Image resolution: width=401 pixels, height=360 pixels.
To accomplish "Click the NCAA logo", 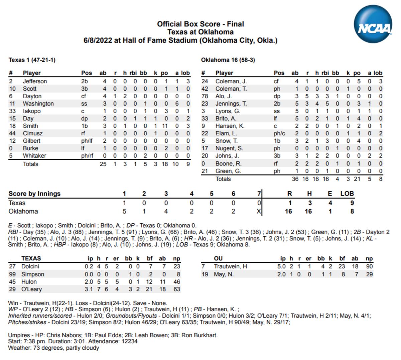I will pos(373,24).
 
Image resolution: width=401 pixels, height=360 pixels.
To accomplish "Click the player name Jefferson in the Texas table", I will pos(35,81).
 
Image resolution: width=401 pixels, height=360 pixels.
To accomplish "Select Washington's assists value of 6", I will pos(177,104).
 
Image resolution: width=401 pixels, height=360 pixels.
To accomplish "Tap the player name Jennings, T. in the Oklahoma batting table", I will pos(231,104).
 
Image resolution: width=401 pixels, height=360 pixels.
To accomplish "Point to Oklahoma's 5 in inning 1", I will pos(124,211).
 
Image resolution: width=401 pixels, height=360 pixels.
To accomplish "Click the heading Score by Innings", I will pos(34,194).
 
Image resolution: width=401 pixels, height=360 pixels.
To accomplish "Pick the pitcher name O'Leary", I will pos(32,289).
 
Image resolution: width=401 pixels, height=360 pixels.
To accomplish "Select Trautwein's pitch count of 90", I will pos(369,266).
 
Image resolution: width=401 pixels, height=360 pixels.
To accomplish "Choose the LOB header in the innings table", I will pos(347,194).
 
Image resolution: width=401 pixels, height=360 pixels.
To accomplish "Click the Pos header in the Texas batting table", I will pos(87,73).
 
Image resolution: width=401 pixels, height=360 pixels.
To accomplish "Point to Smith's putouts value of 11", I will pos(164,126).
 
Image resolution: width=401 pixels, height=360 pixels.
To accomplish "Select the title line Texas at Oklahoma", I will pos(200,32).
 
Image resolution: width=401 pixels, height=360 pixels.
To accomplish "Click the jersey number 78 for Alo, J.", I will pos(205,96).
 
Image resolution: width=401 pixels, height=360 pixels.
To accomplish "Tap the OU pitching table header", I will pos(218,258).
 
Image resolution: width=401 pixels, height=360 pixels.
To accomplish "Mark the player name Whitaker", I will pos(34,156).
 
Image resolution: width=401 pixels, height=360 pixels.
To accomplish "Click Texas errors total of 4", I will pos(330,203).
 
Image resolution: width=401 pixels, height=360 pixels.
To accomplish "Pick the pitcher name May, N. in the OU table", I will pos(224,274).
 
